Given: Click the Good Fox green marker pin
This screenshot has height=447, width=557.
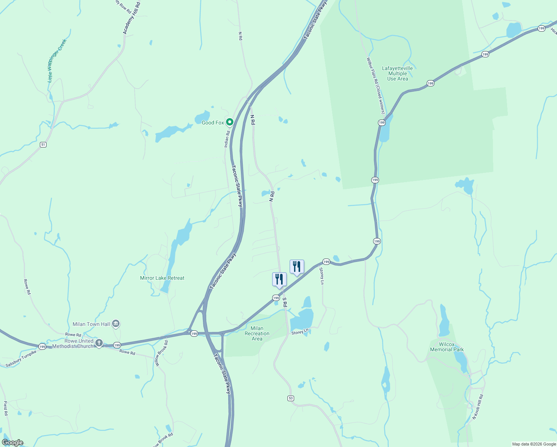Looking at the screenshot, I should coord(230,122).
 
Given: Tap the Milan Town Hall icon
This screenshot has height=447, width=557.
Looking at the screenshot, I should coord(116,324).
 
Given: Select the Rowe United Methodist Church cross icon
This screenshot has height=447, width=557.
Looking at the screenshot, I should coord(99,343).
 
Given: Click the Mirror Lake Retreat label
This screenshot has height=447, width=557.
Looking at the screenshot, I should coord(162,278).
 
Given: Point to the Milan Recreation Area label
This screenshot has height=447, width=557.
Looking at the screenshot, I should coord(257,333).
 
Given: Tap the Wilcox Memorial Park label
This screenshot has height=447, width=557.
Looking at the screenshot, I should coord(447,347).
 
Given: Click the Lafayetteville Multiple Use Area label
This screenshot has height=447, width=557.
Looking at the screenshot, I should coord(397,73).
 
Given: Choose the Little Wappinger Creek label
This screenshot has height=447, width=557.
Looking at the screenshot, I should coord(57,60).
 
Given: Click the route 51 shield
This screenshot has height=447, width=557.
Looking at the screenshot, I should coord(43,145).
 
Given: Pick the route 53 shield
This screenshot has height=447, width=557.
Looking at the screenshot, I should coord(291,398).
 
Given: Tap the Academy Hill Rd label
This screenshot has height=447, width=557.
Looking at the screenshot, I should coord(132,18).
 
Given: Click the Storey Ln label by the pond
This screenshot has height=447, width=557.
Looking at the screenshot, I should coord(300,332).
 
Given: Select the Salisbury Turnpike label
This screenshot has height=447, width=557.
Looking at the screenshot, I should coord(21,359).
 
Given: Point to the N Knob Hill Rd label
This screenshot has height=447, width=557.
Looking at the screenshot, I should coord(478,407).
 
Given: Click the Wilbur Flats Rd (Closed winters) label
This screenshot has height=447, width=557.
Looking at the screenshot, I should coord(375,85).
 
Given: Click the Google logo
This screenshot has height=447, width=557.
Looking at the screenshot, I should coord(13,443).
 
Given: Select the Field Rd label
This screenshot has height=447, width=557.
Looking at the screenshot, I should coord(6,408).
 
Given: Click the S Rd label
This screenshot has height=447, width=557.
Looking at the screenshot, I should coord(284,302).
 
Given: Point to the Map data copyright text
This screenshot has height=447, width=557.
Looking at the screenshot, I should coord(534,444).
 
